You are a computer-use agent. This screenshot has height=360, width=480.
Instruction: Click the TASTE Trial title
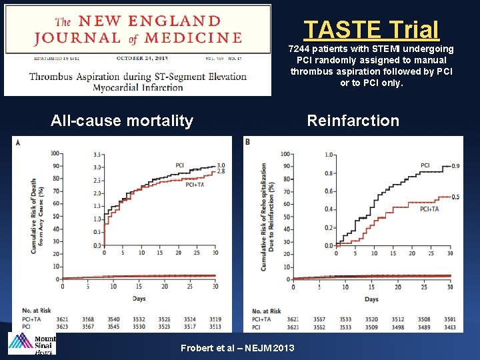[x=371, y=30]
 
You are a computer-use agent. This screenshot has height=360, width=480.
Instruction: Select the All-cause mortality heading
[x=122, y=121]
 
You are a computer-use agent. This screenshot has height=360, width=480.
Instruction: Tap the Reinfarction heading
[x=353, y=121]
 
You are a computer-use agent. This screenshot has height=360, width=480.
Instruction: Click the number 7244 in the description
[x=301, y=49]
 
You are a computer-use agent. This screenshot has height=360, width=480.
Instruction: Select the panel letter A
[x=18, y=143]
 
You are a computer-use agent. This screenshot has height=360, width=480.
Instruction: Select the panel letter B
[x=248, y=142]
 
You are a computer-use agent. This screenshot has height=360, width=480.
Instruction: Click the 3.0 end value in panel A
[x=221, y=165]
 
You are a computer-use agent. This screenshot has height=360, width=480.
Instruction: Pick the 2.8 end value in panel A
[x=221, y=172]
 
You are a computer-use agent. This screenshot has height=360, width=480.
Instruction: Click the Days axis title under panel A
[x=138, y=299]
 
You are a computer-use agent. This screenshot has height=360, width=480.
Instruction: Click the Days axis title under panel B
[x=371, y=299]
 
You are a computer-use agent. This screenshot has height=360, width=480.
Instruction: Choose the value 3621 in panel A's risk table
[x=63, y=319]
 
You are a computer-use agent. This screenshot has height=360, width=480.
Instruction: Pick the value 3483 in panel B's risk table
[x=450, y=327]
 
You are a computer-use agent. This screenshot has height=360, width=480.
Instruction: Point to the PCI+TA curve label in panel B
[x=429, y=209]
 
